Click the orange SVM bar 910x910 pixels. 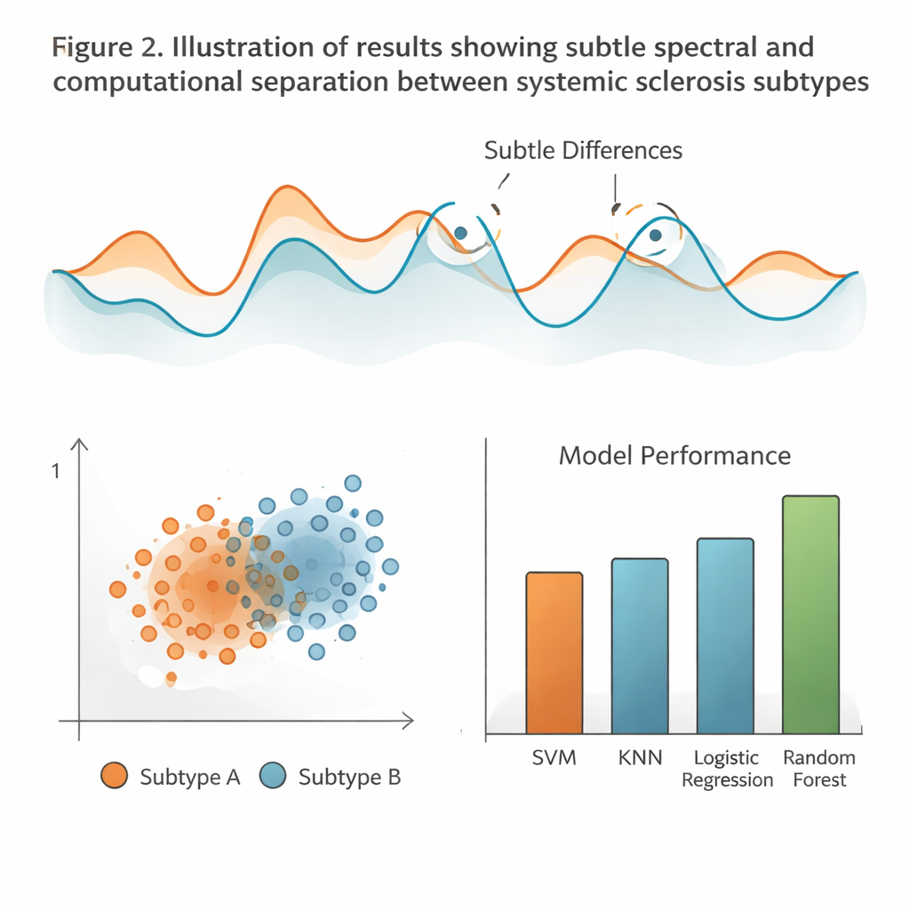click(x=555, y=653)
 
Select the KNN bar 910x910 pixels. click(x=640, y=646)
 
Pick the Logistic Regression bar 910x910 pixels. click(x=725, y=636)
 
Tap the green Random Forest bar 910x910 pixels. click(x=810, y=615)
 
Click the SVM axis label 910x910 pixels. click(x=554, y=758)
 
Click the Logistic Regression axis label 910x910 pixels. click(x=726, y=769)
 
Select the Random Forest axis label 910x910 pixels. click(x=818, y=769)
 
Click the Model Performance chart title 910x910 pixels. click(x=674, y=456)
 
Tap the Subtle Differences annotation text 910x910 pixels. click(x=583, y=150)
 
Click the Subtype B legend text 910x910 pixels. click(x=349, y=777)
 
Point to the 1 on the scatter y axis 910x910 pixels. click(x=56, y=472)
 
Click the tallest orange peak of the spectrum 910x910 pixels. click(x=285, y=188)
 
